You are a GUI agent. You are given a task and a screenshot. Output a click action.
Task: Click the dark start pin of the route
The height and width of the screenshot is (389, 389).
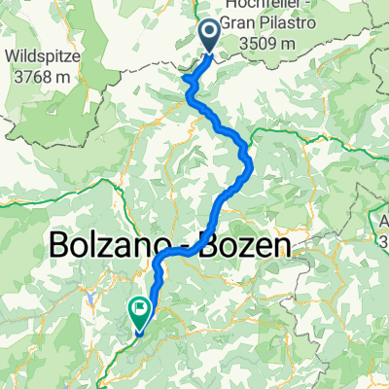210,35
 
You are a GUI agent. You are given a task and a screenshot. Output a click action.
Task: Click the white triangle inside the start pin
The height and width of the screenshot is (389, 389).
211,33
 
